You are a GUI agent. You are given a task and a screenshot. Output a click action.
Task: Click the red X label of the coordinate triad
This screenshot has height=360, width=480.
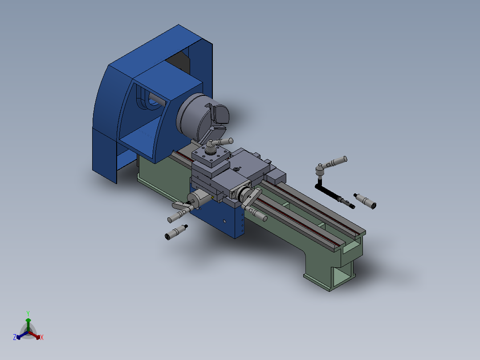[x=42, y=338]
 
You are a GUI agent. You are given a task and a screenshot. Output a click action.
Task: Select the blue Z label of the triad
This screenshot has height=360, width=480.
[x=15, y=337]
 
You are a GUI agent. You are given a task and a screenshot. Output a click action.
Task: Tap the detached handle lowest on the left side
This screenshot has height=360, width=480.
[x=175, y=232]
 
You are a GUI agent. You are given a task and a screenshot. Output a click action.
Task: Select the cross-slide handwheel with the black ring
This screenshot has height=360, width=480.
[x=244, y=195]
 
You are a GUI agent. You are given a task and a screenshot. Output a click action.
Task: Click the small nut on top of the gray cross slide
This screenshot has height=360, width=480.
[x=236, y=169]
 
